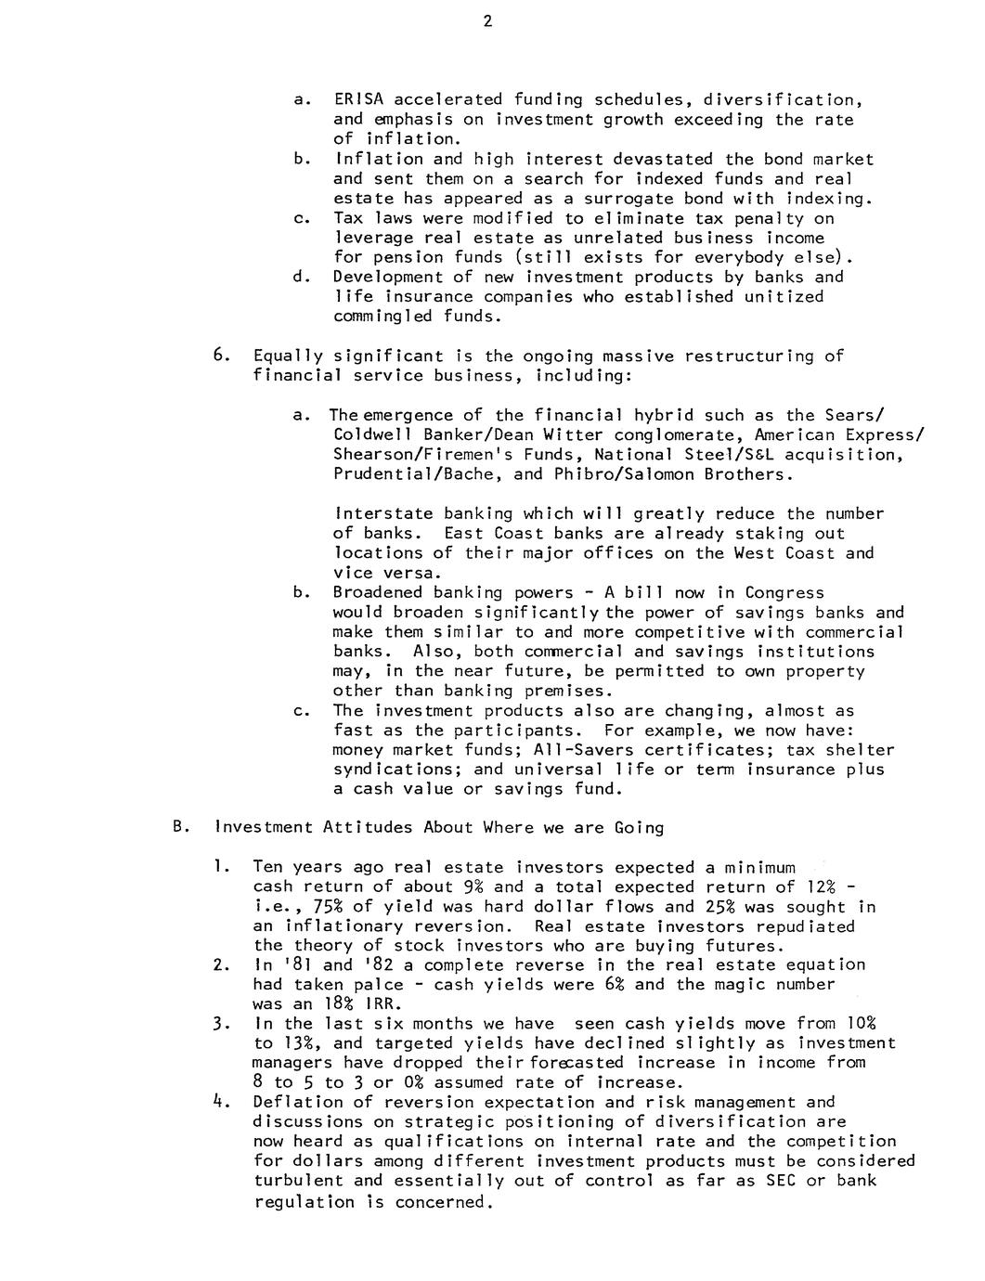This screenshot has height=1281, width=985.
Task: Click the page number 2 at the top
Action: (x=486, y=22)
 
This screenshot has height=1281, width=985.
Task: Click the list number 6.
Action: (x=219, y=356)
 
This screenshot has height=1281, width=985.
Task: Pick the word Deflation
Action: (x=298, y=1103)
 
